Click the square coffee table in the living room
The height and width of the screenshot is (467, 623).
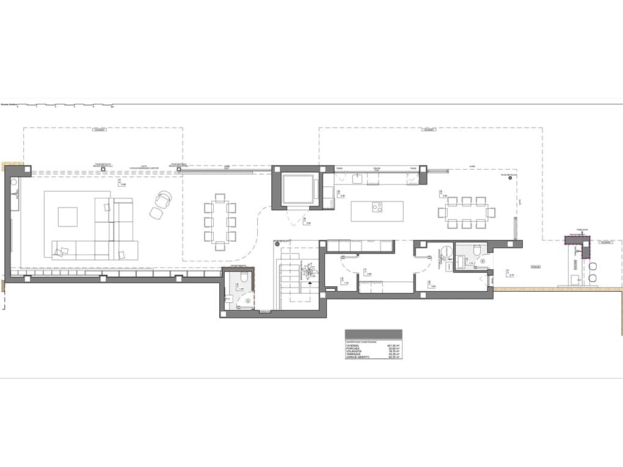pyautogui.click(x=68, y=217)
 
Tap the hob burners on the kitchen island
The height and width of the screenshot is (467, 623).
pyautogui.click(x=377, y=208)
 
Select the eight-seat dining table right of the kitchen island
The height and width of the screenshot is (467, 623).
pyautogui.click(x=467, y=212)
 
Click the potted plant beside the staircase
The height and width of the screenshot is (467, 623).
pyautogui.click(x=309, y=269)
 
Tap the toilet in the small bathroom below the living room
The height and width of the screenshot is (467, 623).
pyautogui.click(x=242, y=279)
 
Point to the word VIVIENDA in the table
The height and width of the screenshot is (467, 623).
pyautogui.click(x=354, y=346)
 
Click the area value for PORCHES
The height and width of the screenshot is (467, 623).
pyautogui.click(x=393, y=349)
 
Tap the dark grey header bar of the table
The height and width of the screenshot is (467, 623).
pyautogui.click(x=373, y=333)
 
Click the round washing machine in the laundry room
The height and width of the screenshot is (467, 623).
pyautogui.click(x=445, y=250)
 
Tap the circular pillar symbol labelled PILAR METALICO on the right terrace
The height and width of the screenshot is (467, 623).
pyautogui.click(x=510, y=178)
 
